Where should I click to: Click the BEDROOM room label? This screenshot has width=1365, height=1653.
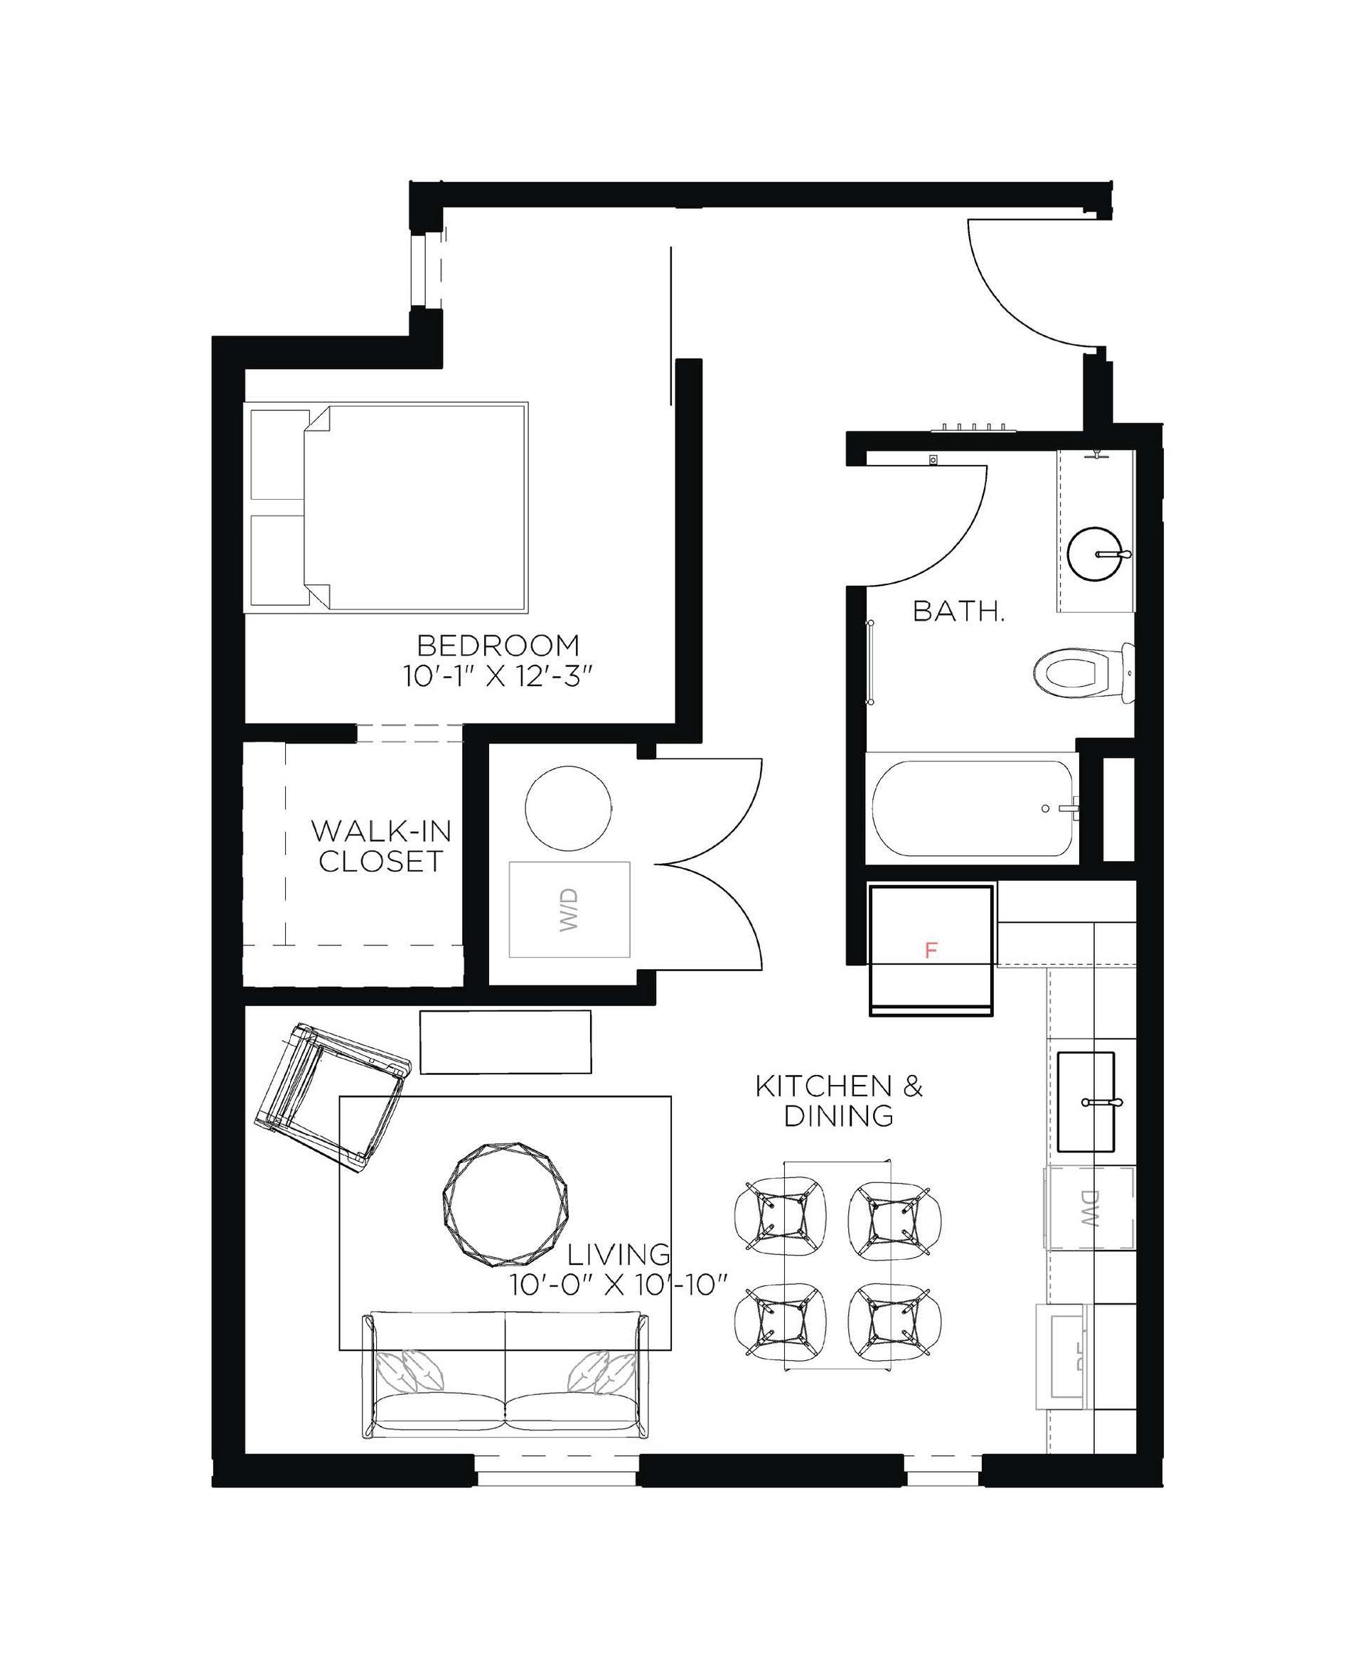[x=498, y=646]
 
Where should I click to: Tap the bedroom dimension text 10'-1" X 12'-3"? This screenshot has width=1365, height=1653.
[x=497, y=677]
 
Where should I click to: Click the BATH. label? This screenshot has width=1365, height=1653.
[x=958, y=612]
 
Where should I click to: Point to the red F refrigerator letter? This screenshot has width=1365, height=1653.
[x=931, y=950]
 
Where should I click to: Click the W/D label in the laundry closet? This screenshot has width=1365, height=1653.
[x=569, y=910]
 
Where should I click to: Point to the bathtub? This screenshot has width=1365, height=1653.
[x=972, y=808]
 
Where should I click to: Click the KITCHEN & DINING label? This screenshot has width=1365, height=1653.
[x=839, y=1102]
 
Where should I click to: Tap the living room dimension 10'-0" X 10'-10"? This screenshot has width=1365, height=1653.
[x=618, y=1285]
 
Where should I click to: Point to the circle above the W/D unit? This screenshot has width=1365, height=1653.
[x=568, y=808]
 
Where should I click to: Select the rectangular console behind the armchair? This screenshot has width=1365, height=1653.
[x=505, y=1041]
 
